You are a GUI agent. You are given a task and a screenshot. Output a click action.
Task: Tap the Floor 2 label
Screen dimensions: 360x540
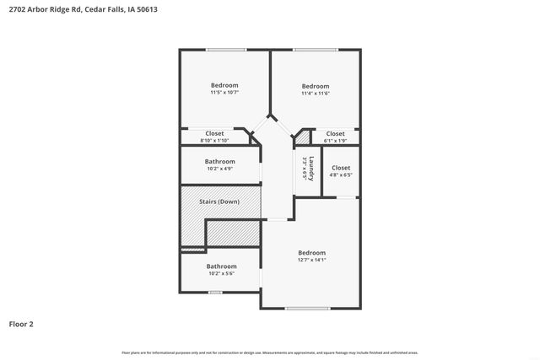click(21, 323)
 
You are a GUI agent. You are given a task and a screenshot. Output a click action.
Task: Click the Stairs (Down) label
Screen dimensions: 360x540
click(219, 201)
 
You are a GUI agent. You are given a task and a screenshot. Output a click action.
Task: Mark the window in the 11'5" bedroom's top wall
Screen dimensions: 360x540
click(225, 50)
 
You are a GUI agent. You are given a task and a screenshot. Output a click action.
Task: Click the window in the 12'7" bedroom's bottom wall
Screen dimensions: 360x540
click(307, 309)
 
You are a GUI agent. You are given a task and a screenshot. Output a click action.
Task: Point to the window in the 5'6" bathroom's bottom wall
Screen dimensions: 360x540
click(216, 292)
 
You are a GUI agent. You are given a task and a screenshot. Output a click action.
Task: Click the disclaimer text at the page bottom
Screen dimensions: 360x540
click(270, 352)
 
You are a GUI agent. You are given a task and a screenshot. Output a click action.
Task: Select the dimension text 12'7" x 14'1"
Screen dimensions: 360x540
click(310, 260)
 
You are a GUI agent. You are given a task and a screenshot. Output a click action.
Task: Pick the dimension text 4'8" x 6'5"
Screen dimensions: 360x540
click(341, 175)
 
